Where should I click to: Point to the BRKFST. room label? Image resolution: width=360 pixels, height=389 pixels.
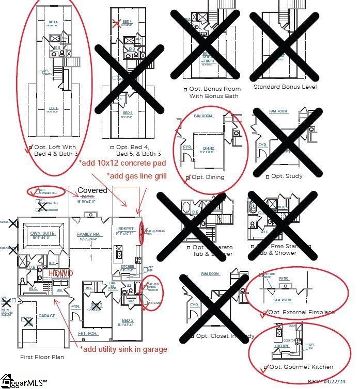(127, 229)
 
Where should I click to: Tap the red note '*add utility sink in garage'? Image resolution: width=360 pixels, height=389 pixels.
(123, 349)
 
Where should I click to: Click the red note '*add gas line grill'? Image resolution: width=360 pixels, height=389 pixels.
(136, 176)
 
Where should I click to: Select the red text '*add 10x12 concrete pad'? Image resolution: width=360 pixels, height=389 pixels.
(122, 163)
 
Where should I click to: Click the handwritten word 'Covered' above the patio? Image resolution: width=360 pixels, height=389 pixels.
(92, 190)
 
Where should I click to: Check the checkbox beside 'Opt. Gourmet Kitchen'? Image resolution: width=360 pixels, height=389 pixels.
(265, 367)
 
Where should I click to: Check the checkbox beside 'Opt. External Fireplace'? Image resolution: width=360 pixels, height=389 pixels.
(265, 312)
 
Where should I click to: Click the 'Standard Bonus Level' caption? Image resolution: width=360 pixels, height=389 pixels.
(285, 87)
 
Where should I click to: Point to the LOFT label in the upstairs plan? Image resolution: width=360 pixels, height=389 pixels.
(53, 108)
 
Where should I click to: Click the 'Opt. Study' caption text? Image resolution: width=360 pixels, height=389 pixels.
(287, 176)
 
